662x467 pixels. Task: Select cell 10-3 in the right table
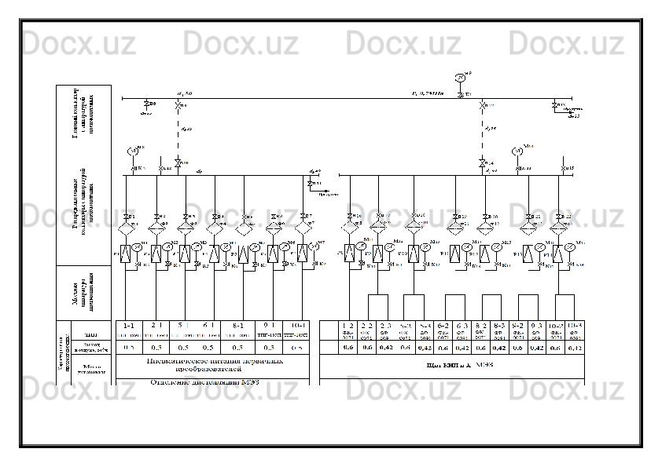tap(575, 325)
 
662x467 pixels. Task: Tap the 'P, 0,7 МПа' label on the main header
tap(428, 93)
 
